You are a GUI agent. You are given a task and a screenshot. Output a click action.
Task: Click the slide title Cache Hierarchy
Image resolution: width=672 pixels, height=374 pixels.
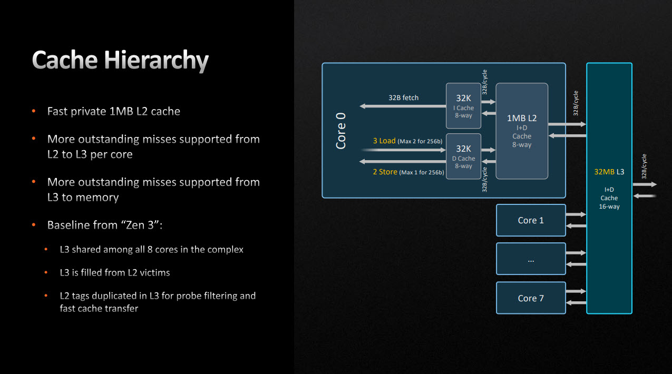[x=120, y=61]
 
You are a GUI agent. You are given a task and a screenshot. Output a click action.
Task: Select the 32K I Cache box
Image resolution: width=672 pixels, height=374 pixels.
[x=463, y=105]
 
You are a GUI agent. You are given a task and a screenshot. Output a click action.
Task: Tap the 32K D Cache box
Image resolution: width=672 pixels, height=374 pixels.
[x=463, y=156]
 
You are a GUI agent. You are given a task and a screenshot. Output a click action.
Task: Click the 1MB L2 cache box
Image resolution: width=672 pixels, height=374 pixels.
[x=522, y=131]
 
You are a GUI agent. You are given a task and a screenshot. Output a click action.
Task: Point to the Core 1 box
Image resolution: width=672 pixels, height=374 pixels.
[x=530, y=220]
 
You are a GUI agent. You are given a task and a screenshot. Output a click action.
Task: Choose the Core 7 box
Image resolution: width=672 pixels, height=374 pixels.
[x=530, y=298]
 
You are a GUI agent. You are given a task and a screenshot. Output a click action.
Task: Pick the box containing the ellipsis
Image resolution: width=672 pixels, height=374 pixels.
[x=530, y=259]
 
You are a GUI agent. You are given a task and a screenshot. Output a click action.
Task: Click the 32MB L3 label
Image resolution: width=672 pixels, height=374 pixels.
[x=609, y=172]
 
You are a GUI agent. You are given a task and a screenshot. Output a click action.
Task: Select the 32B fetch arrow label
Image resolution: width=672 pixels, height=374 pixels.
[x=403, y=97]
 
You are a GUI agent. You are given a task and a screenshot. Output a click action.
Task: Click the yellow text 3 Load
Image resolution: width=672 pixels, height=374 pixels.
[x=384, y=141]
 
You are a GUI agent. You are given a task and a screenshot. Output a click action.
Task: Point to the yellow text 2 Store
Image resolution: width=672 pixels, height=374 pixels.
[x=385, y=172]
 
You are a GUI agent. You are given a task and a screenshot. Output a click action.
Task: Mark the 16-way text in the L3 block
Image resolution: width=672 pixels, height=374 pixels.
[x=609, y=206]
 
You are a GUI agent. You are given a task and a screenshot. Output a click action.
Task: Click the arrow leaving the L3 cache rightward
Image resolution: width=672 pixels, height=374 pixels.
[x=645, y=184]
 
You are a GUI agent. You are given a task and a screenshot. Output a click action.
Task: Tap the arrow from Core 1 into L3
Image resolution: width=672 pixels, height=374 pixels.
[x=576, y=214]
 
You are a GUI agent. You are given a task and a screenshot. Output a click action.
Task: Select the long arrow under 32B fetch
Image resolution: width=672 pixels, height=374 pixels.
[x=403, y=106]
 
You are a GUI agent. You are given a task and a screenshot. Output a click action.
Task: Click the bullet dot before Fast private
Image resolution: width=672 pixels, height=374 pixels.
[x=34, y=111]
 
